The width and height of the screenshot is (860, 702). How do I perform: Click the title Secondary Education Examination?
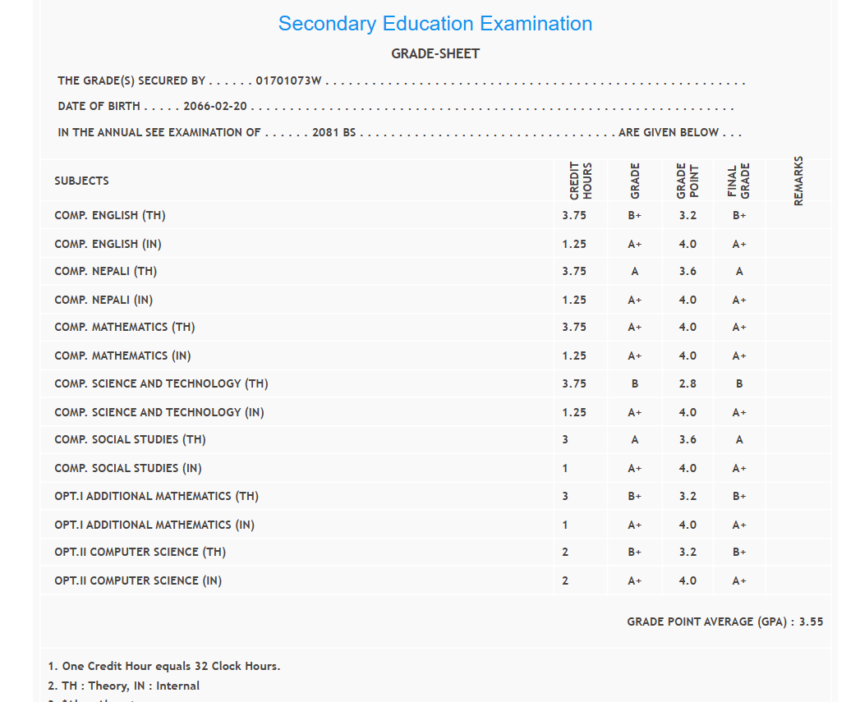435,24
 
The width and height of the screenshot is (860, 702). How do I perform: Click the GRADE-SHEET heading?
435,54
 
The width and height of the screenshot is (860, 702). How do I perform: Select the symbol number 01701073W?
288,81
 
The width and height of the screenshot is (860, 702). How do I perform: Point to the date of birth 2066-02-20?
216,107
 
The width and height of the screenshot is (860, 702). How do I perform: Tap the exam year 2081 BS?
333,132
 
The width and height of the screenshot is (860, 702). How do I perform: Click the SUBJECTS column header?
81,181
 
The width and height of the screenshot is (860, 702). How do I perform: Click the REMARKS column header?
798,181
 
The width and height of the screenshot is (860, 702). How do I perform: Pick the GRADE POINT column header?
688,181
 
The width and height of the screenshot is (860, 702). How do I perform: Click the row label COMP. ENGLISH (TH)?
110,216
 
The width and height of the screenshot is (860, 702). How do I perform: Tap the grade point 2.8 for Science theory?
688,383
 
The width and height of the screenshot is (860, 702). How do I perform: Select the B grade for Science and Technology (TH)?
635,383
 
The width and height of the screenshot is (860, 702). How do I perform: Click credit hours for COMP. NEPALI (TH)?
574,272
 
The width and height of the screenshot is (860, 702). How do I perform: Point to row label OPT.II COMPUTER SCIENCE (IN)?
138,580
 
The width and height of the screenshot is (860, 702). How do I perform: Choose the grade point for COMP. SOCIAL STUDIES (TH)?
688,440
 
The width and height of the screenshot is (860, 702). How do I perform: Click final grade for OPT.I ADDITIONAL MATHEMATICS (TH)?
739,496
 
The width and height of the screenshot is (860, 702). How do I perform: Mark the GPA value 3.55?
812,622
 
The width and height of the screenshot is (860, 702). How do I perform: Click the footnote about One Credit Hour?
164,666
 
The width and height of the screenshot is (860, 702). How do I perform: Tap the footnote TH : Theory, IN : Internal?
124,686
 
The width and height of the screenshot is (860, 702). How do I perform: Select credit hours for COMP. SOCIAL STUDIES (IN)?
565,468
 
